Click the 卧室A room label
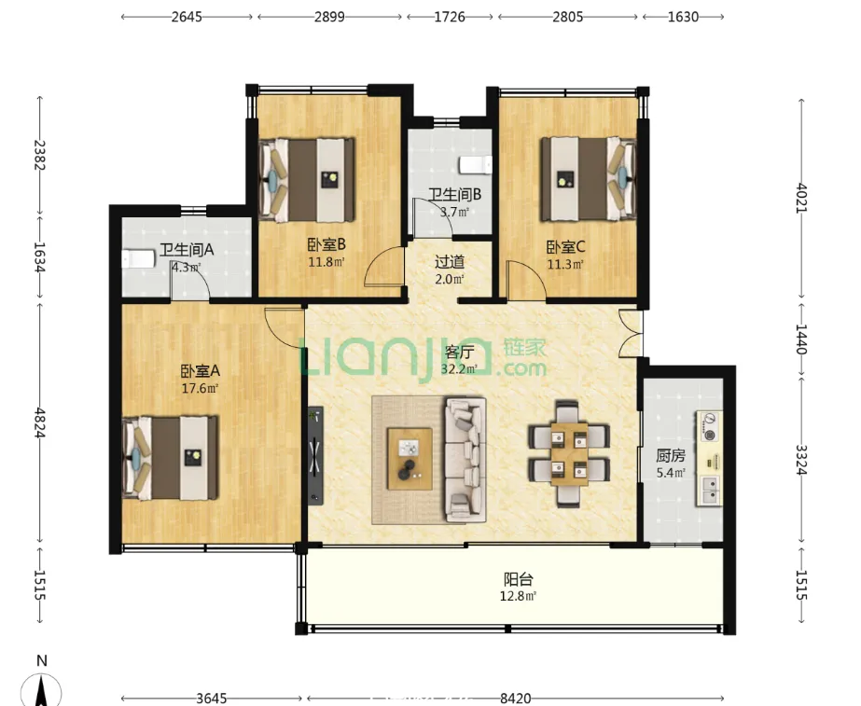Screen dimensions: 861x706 (201, 371)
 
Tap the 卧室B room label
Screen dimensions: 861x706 (326, 244)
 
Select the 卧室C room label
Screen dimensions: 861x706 (565, 247)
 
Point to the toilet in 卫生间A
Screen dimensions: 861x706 (138, 258)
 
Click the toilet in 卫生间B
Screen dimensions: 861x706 (476, 164)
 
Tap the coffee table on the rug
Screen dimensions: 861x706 (410, 459)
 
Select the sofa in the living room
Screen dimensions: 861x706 (465, 460)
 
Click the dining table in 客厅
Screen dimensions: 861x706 (569, 453)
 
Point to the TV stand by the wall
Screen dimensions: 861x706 (315, 455)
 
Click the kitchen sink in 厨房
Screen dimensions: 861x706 (710, 491)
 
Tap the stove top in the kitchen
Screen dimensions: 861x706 (710, 427)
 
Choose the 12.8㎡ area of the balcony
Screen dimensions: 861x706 (518, 596)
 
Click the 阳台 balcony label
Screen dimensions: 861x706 (519, 579)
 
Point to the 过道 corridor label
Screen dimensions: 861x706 (450, 262)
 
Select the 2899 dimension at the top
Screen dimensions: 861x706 (329, 17)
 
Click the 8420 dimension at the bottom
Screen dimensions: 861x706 (515, 699)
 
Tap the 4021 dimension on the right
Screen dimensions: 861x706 (801, 199)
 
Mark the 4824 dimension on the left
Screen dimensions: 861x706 (39, 422)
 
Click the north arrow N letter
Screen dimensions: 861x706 (42, 660)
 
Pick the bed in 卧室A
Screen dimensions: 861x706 (170, 458)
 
